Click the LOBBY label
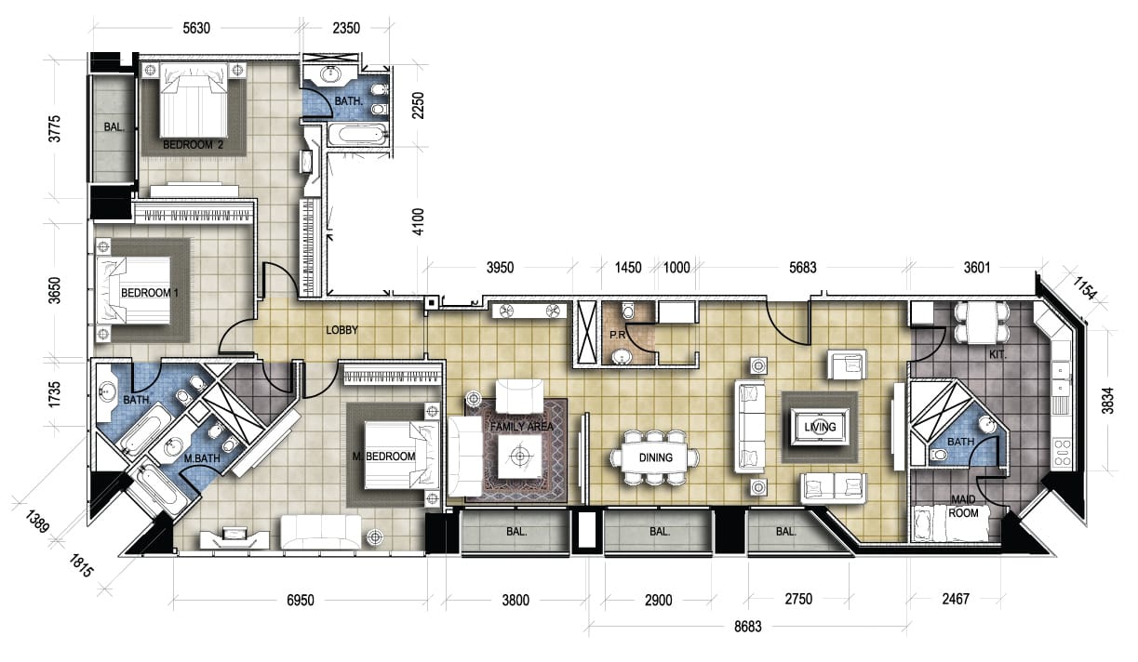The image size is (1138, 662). (x=341, y=330)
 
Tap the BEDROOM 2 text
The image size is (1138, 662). (x=193, y=145)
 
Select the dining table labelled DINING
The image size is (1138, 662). (x=655, y=457)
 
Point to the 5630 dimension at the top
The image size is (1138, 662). (x=196, y=28)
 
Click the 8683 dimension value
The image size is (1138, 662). (x=748, y=627)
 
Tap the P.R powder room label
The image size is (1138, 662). (x=617, y=335)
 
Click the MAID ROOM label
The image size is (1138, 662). (x=963, y=506)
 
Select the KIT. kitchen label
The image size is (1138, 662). (x=997, y=355)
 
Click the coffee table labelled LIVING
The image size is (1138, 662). (x=820, y=427)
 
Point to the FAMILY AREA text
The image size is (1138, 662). (x=521, y=427)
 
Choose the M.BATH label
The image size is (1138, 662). (x=202, y=458)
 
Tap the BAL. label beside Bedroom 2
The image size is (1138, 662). (x=114, y=127)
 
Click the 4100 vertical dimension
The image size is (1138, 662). (x=418, y=222)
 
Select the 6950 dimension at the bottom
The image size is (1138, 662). (x=301, y=601)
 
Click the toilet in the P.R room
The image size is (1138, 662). (x=628, y=310)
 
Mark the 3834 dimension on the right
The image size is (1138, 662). (x=1108, y=401)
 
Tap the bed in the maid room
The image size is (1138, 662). (x=951, y=523)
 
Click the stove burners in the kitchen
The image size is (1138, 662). (x=1063, y=453)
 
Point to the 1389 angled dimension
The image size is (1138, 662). (x=36, y=522)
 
